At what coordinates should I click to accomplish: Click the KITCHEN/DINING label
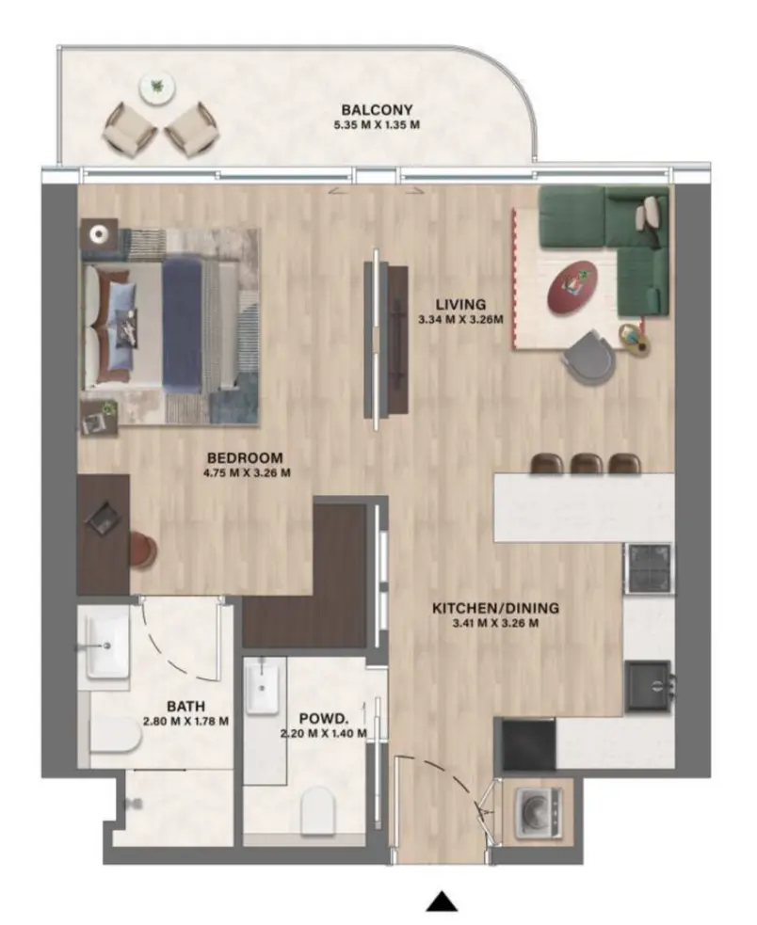pyautogui.click(x=484, y=607)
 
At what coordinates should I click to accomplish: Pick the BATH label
pyautogui.click(x=185, y=706)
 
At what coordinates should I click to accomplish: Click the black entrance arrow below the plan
pyautogui.click(x=441, y=902)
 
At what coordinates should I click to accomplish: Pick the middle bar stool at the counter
pyautogui.click(x=586, y=463)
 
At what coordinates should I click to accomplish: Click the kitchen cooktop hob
pyautogui.click(x=650, y=568)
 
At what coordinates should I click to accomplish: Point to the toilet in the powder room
pyautogui.click(x=318, y=810)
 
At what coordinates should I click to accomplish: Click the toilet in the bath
pyautogui.click(x=116, y=736)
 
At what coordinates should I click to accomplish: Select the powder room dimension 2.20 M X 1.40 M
pyautogui.click(x=323, y=733)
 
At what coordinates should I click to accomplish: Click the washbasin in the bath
pyautogui.click(x=106, y=646)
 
